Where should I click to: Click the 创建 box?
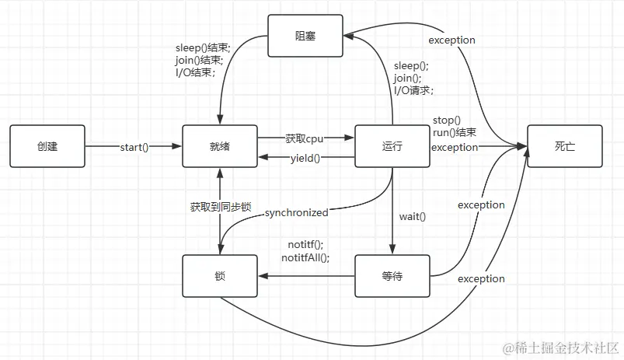coord(47,146)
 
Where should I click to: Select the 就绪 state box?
coord(219,146)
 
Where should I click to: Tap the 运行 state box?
coord(392,146)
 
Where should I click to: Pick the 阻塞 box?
coord(306,36)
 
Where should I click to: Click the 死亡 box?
coord(565,146)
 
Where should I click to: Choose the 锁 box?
coord(219,275)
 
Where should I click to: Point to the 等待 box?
coord(392,275)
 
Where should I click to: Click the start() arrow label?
coord(134,147)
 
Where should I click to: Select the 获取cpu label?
coord(305,138)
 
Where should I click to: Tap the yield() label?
coord(305,158)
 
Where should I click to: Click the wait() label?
coord(413,216)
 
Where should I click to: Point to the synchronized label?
coord(296,212)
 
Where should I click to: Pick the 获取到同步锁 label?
coord(221,208)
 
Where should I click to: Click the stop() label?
coord(447,121)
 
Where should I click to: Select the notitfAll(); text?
coord(305,257)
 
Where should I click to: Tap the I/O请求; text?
coord(413,90)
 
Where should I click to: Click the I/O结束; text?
coord(195,73)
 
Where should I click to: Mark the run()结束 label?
coord(455,133)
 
